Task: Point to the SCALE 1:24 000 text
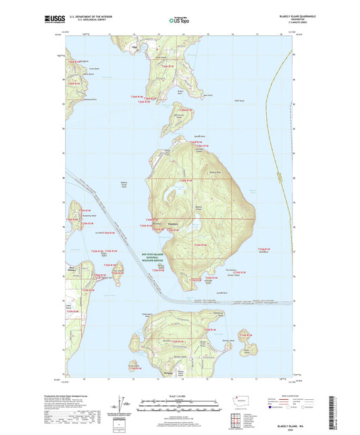tap(180, 395)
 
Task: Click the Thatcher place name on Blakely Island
tap(174, 224)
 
